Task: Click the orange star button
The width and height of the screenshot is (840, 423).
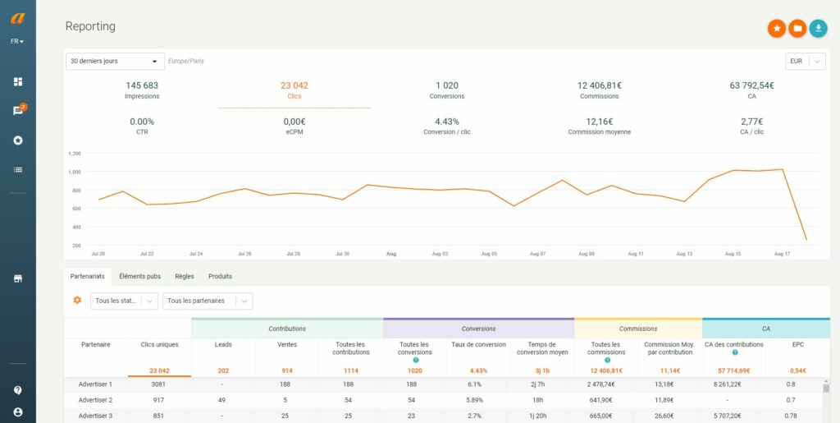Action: (x=776, y=29)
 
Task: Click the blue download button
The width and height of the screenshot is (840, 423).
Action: (x=818, y=29)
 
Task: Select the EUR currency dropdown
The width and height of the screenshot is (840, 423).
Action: (x=805, y=62)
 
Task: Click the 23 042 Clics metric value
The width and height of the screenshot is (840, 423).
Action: (x=294, y=85)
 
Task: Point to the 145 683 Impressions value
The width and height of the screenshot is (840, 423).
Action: (x=142, y=85)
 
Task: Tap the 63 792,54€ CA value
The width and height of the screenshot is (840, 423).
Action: (x=751, y=85)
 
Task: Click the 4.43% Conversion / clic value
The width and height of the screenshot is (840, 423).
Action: (x=447, y=121)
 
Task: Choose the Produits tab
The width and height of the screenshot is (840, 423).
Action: (x=220, y=277)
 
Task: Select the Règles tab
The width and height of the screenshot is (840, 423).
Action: (x=185, y=277)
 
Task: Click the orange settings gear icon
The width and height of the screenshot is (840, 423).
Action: (x=77, y=301)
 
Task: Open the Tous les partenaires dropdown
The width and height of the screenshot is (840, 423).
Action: (x=207, y=301)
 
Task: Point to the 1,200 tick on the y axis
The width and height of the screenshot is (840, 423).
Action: (x=75, y=154)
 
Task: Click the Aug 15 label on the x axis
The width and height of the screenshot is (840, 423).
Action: (x=733, y=255)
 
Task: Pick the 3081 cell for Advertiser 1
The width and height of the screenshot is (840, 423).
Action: (x=159, y=384)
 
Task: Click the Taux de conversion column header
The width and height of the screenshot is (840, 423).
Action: (x=478, y=344)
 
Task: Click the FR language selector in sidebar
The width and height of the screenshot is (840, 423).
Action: (x=17, y=41)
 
